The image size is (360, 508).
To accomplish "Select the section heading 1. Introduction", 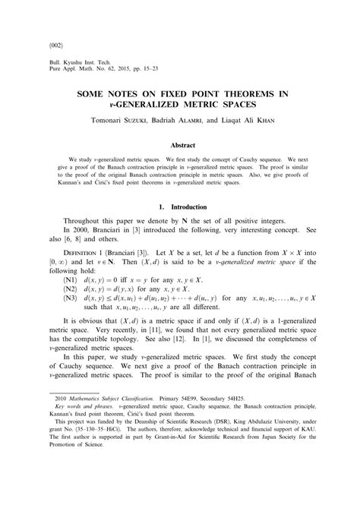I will coord(180,207).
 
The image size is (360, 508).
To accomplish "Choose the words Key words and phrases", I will coord(80,449).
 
